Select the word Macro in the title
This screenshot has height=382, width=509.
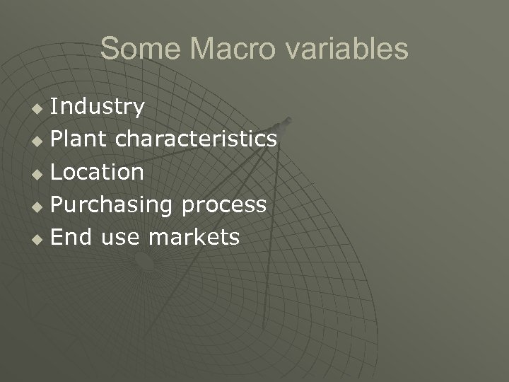225,49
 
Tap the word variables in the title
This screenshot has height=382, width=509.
346,49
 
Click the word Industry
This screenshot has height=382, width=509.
98,107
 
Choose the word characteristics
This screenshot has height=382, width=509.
196,139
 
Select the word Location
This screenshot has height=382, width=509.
98,172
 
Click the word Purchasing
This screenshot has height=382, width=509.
112,204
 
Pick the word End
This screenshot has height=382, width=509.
72,237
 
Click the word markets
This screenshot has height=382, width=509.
194,237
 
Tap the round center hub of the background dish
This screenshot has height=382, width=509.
144,262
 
